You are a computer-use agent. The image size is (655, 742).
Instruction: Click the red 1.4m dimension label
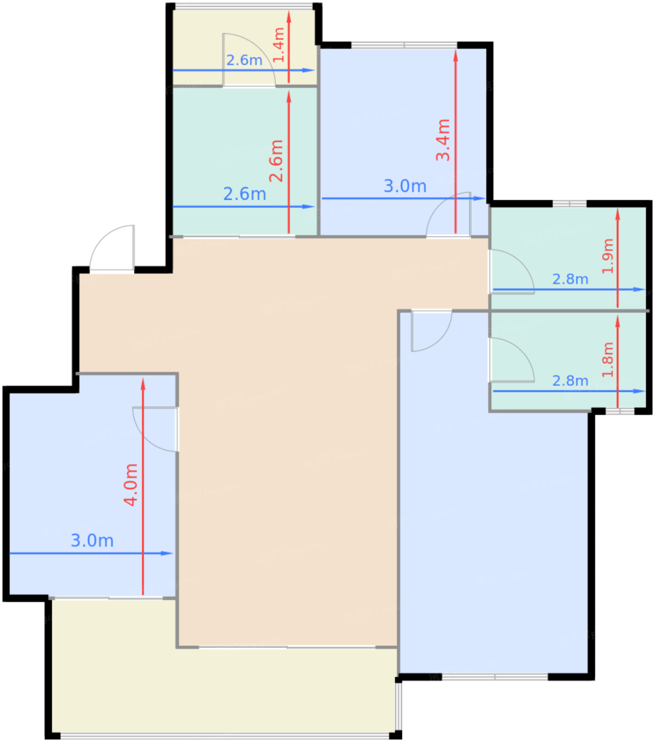[x=278, y=45]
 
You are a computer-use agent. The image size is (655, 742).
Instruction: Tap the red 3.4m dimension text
[x=442, y=139]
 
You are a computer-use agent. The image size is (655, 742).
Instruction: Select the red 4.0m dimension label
[x=130, y=484]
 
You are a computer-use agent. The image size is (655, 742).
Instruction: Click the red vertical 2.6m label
[x=276, y=161]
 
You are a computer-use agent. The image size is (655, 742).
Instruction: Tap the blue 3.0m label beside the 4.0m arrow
[x=92, y=541]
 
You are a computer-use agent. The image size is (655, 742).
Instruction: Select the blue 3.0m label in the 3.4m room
[x=405, y=186]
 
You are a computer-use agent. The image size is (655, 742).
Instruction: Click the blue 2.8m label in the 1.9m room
[x=570, y=279]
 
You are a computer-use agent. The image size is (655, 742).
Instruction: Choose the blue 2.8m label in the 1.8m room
[x=570, y=381]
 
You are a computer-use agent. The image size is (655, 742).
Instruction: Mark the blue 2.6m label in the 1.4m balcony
[x=244, y=60]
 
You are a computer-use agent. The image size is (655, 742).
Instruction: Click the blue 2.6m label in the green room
[x=244, y=194]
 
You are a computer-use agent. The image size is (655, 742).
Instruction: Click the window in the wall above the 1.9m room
[x=569, y=204]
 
